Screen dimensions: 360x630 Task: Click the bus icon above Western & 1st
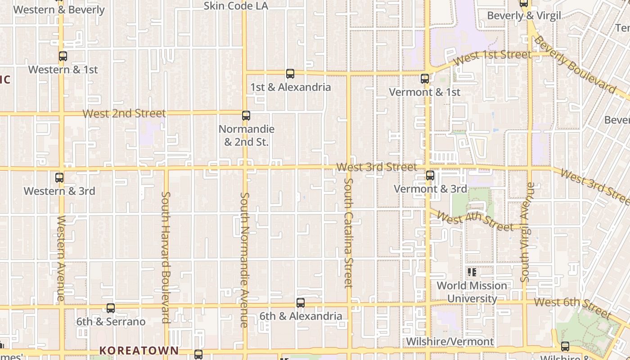tap(63, 56)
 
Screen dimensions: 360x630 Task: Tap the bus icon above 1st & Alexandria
tap(290, 73)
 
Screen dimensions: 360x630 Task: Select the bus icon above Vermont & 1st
tap(424, 79)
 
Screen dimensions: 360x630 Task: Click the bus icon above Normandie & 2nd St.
tap(246, 116)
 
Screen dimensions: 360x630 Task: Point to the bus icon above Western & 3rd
tap(59, 177)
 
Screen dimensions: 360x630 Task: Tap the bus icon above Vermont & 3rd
tap(430, 175)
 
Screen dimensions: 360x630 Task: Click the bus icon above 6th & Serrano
tap(111, 308)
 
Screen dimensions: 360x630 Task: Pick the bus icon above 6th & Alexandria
tap(301, 303)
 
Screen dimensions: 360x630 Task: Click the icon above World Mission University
tap(472, 272)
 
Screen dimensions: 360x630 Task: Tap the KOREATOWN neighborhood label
tap(139, 350)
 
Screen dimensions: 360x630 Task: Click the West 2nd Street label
tap(124, 113)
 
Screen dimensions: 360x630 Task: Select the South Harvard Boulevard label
tap(166, 257)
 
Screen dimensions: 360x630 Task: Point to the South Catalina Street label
tap(348, 233)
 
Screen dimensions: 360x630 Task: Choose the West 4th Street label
tap(475, 221)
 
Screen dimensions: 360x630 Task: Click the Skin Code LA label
tap(236, 6)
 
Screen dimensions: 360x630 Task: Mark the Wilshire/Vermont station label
tap(450, 342)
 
